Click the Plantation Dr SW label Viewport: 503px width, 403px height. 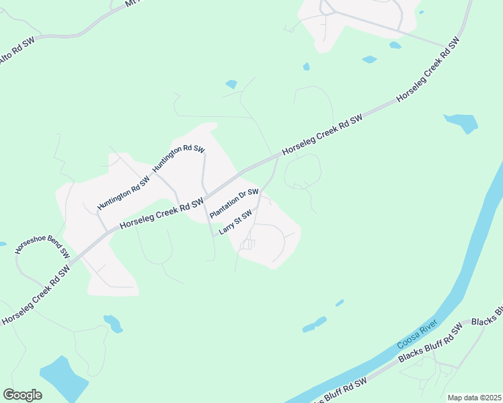pyautogui.click(x=234, y=204)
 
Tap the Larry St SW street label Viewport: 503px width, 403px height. pyautogui.click(x=235, y=222)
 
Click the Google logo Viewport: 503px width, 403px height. pyautogui.click(x=22, y=395)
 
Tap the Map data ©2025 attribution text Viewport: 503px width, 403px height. pyautogui.click(x=473, y=398)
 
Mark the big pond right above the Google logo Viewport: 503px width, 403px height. pyautogui.click(x=62, y=375)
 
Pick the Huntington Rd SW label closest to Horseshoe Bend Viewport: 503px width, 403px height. pyautogui.click(x=122, y=192)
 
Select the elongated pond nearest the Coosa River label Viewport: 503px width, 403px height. pyautogui.click(x=315, y=324)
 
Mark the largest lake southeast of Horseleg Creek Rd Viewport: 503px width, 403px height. pyautogui.click(x=461, y=122)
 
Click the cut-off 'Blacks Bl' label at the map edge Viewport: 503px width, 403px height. pyautogui.click(x=488, y=316)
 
